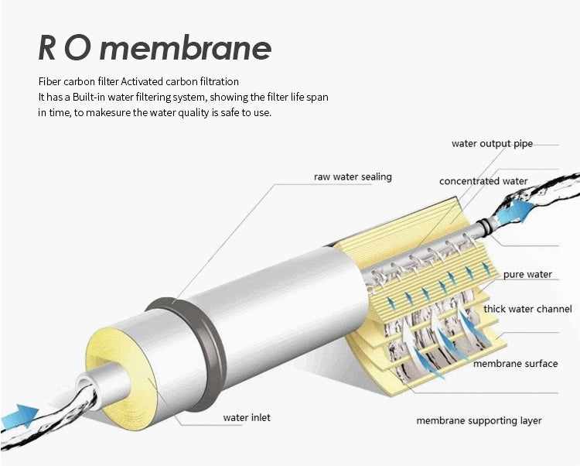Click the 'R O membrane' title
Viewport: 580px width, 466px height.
pyautogui.click(x=155, y=48)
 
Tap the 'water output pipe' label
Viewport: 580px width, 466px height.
pyautogui.click(x=492, y=144)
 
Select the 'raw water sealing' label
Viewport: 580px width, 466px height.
pyautogui.click(x=353, y=177)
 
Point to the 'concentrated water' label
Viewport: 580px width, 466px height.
pyautogui.click(x=483, y=181)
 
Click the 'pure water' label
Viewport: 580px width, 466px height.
pyautogui.click(x=527, y=274)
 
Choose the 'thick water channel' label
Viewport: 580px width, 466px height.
pyautogui.click(x=527, y=309)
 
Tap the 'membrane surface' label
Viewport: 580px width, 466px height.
pyautogui.click(x=515, y=364)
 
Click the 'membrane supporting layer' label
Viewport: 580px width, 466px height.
pyautogui.click(x=479, y=421)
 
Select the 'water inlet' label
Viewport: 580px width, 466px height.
pyautogui.click(x=247, y=417)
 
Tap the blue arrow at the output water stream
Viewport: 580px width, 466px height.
pyautogui.click(x=516, y=212)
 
